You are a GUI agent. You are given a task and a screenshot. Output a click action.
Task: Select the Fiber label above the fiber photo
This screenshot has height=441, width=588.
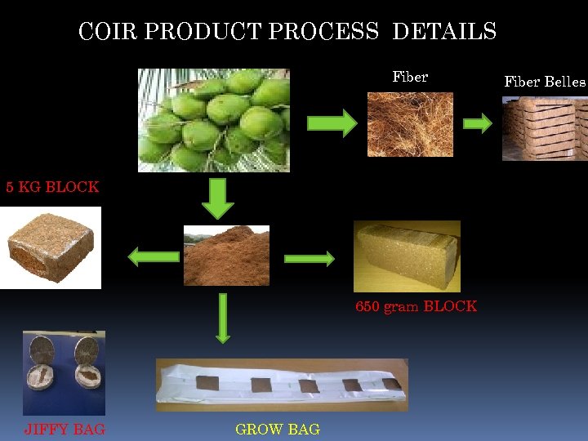click(410, 78)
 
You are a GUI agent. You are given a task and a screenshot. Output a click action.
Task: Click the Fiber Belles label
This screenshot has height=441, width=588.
click(545, 82)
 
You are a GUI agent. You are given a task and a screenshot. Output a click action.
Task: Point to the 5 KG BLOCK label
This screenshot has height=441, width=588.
click(53, 187)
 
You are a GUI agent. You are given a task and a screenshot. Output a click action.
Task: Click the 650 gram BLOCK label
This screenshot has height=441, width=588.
click(416, 307)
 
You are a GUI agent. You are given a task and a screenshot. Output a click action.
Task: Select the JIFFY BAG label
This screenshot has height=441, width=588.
click(65, 429)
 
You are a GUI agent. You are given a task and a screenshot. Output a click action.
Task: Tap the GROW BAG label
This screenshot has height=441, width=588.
click(278, 429)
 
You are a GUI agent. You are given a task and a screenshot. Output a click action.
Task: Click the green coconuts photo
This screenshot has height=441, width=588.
click(214, 120)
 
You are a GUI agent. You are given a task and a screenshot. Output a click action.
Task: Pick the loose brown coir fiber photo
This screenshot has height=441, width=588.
click(410, 123)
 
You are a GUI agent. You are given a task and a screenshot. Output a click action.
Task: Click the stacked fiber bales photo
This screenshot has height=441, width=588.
click(544, 129)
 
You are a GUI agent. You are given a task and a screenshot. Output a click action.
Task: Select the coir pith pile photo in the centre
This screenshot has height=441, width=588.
click(226, 256)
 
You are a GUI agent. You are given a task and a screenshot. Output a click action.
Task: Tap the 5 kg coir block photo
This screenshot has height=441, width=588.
click(51, 247)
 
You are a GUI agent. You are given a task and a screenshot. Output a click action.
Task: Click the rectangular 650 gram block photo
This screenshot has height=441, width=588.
click(407, 256)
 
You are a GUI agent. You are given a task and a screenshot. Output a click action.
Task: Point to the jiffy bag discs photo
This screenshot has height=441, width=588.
click(64, 372)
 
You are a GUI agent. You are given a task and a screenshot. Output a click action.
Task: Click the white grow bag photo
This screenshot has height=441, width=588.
click(282, 385)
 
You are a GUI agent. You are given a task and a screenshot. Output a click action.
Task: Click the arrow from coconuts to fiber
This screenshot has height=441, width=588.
click(332, 123)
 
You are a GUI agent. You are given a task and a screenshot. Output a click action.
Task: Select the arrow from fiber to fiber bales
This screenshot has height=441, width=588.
click(478, 123)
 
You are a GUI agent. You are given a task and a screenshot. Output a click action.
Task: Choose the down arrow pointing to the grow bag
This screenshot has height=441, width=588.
click(221, 318)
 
